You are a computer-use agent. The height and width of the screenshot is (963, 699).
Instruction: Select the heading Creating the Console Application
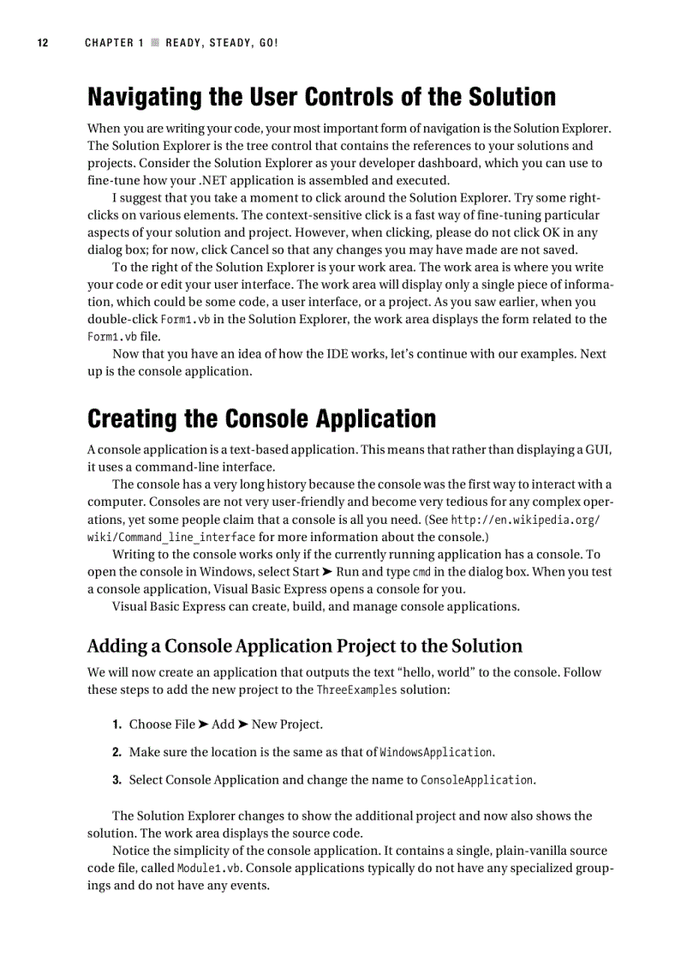click(x=261, y=418)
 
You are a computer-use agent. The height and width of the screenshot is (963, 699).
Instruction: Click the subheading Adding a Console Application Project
click(x=304, y=646)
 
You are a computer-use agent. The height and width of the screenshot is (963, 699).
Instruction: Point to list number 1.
click(x=116, y=725)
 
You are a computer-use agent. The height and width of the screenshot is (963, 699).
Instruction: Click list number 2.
click(x=116, y=752)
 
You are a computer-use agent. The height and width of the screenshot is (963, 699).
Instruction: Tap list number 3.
click(x=116, y=779)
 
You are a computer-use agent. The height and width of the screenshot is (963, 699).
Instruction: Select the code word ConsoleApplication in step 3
click(x=476, y=779)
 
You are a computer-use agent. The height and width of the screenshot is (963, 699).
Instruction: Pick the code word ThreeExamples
click(x=356, y=689)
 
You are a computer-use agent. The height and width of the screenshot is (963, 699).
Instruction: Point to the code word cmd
click(x=421, y=572)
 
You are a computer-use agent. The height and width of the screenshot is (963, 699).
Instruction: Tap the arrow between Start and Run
click(x=326, y=572)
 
